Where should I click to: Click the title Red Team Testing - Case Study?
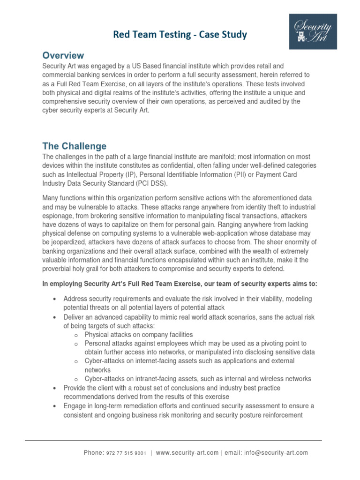(180, 35)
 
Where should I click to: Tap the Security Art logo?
(313, 31)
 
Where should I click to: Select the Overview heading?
(63, 55)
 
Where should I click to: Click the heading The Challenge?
(75, 146)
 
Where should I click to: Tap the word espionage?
(59, 216)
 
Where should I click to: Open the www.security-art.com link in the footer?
(187, 453)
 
